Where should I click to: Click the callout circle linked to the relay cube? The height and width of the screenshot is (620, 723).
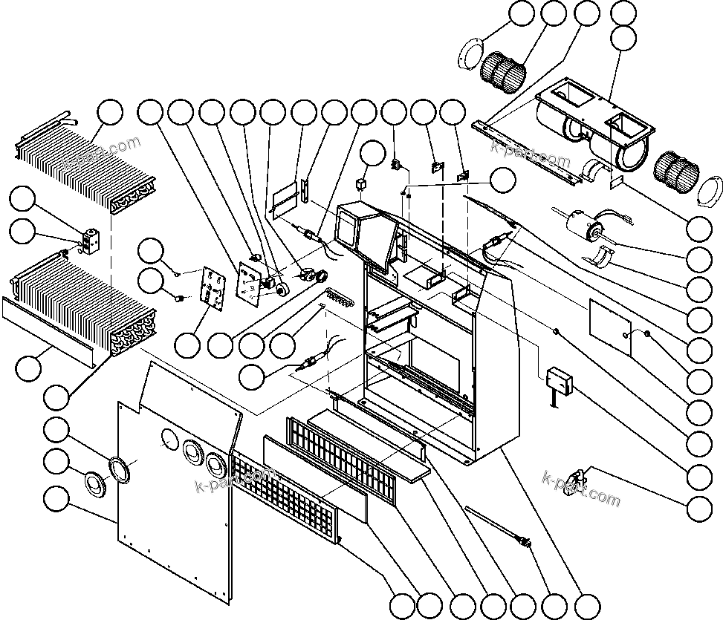[x=372, y=154]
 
